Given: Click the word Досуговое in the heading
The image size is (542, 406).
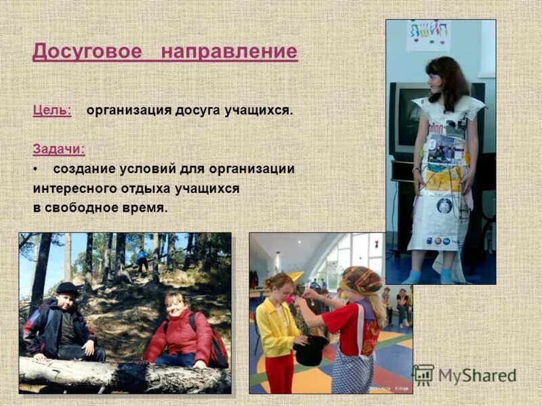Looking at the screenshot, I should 87,51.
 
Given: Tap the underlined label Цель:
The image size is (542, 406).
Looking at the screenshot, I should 51,110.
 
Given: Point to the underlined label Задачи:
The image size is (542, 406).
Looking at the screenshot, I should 59,149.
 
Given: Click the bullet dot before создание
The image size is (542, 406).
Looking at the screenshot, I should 35,168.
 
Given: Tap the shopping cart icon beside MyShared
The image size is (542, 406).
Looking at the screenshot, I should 423,375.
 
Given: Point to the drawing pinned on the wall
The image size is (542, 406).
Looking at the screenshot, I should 428,35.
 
